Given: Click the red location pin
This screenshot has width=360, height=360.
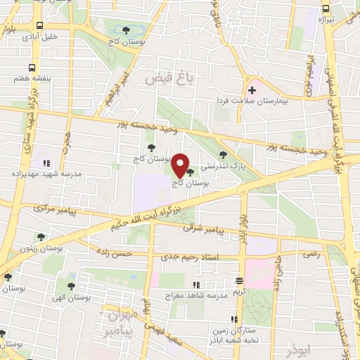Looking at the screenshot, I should point(181,165).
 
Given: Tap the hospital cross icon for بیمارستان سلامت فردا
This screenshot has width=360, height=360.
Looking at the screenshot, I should point(252,91).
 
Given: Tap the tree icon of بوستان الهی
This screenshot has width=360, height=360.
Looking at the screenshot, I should point(70,285).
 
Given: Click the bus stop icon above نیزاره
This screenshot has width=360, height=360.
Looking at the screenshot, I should point(325,8).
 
